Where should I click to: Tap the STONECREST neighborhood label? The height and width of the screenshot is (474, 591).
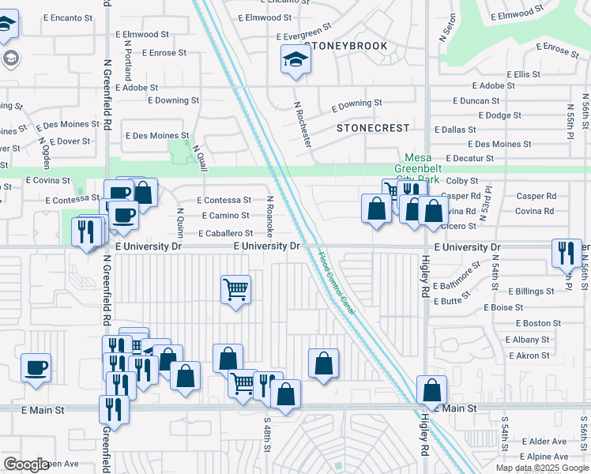point(374,128)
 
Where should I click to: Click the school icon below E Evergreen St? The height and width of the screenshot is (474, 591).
point(295,59)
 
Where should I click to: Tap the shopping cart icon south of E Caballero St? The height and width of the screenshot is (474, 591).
point(235,290)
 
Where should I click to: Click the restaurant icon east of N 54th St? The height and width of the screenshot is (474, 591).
point(565,253)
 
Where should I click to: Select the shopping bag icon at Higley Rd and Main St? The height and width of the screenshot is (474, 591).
point(431,390)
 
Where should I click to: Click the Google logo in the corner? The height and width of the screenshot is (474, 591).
point(26,465)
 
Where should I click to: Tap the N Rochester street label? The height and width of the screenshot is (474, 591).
point(303,123)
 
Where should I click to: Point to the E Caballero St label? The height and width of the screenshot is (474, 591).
point(225,233)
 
